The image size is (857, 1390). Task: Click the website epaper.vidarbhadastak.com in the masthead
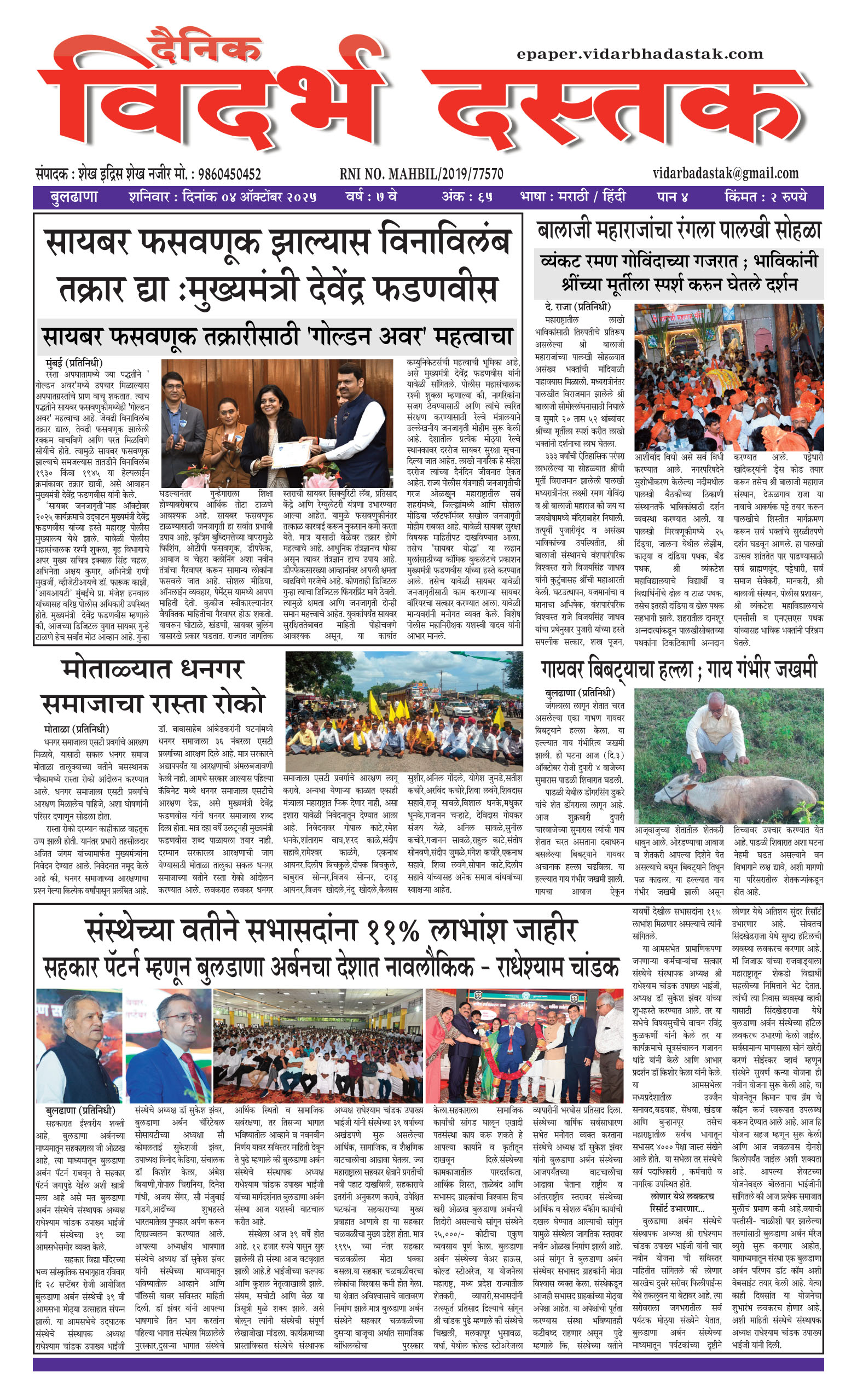pyautogui.click(x=640, y=54)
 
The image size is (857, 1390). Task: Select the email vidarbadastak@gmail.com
pyautogui.click(x=726, y=173)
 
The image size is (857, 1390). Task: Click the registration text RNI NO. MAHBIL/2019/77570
pyautogui.click(x=421, y=174)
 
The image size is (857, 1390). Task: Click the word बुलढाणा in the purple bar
pyautogui.click(x=74, y=197)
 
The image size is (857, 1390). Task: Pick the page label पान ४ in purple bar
pyautogui.click(x=673, y=197)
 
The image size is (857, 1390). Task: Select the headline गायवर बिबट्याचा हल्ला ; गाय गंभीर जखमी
pyautogui.click(x=679, y=670)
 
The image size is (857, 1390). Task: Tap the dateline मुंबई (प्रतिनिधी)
pyautogui.click(x=74, y=363)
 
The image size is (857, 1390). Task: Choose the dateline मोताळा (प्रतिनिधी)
pyautogui.click(x=76, y=729)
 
